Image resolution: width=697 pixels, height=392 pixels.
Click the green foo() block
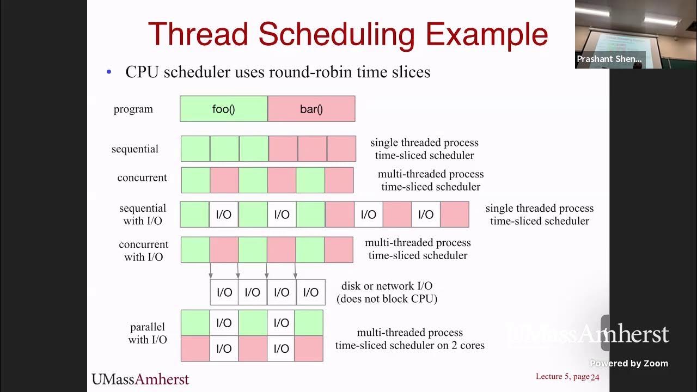223,109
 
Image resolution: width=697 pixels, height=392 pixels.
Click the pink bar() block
311,109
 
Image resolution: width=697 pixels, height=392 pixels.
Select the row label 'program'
133,109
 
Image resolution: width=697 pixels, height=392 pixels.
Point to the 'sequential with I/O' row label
143,215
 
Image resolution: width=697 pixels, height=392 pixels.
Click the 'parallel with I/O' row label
147,333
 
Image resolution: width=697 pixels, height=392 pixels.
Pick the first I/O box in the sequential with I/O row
224,215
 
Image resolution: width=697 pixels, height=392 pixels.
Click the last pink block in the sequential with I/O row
454,215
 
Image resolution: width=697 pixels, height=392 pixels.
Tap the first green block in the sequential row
195,149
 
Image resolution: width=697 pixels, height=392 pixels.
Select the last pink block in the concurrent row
339,180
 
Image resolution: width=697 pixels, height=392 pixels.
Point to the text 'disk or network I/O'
387,286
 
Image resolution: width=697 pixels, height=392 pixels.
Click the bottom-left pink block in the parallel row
195,349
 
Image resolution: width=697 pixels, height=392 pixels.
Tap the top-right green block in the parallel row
309,323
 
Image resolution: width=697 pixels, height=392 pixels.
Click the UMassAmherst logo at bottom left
140,379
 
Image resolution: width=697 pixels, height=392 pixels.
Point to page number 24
595,377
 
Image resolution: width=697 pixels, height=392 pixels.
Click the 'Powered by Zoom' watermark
628,363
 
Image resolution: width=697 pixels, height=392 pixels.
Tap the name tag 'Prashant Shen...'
609,59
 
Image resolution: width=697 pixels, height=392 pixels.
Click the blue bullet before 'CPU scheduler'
109,72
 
